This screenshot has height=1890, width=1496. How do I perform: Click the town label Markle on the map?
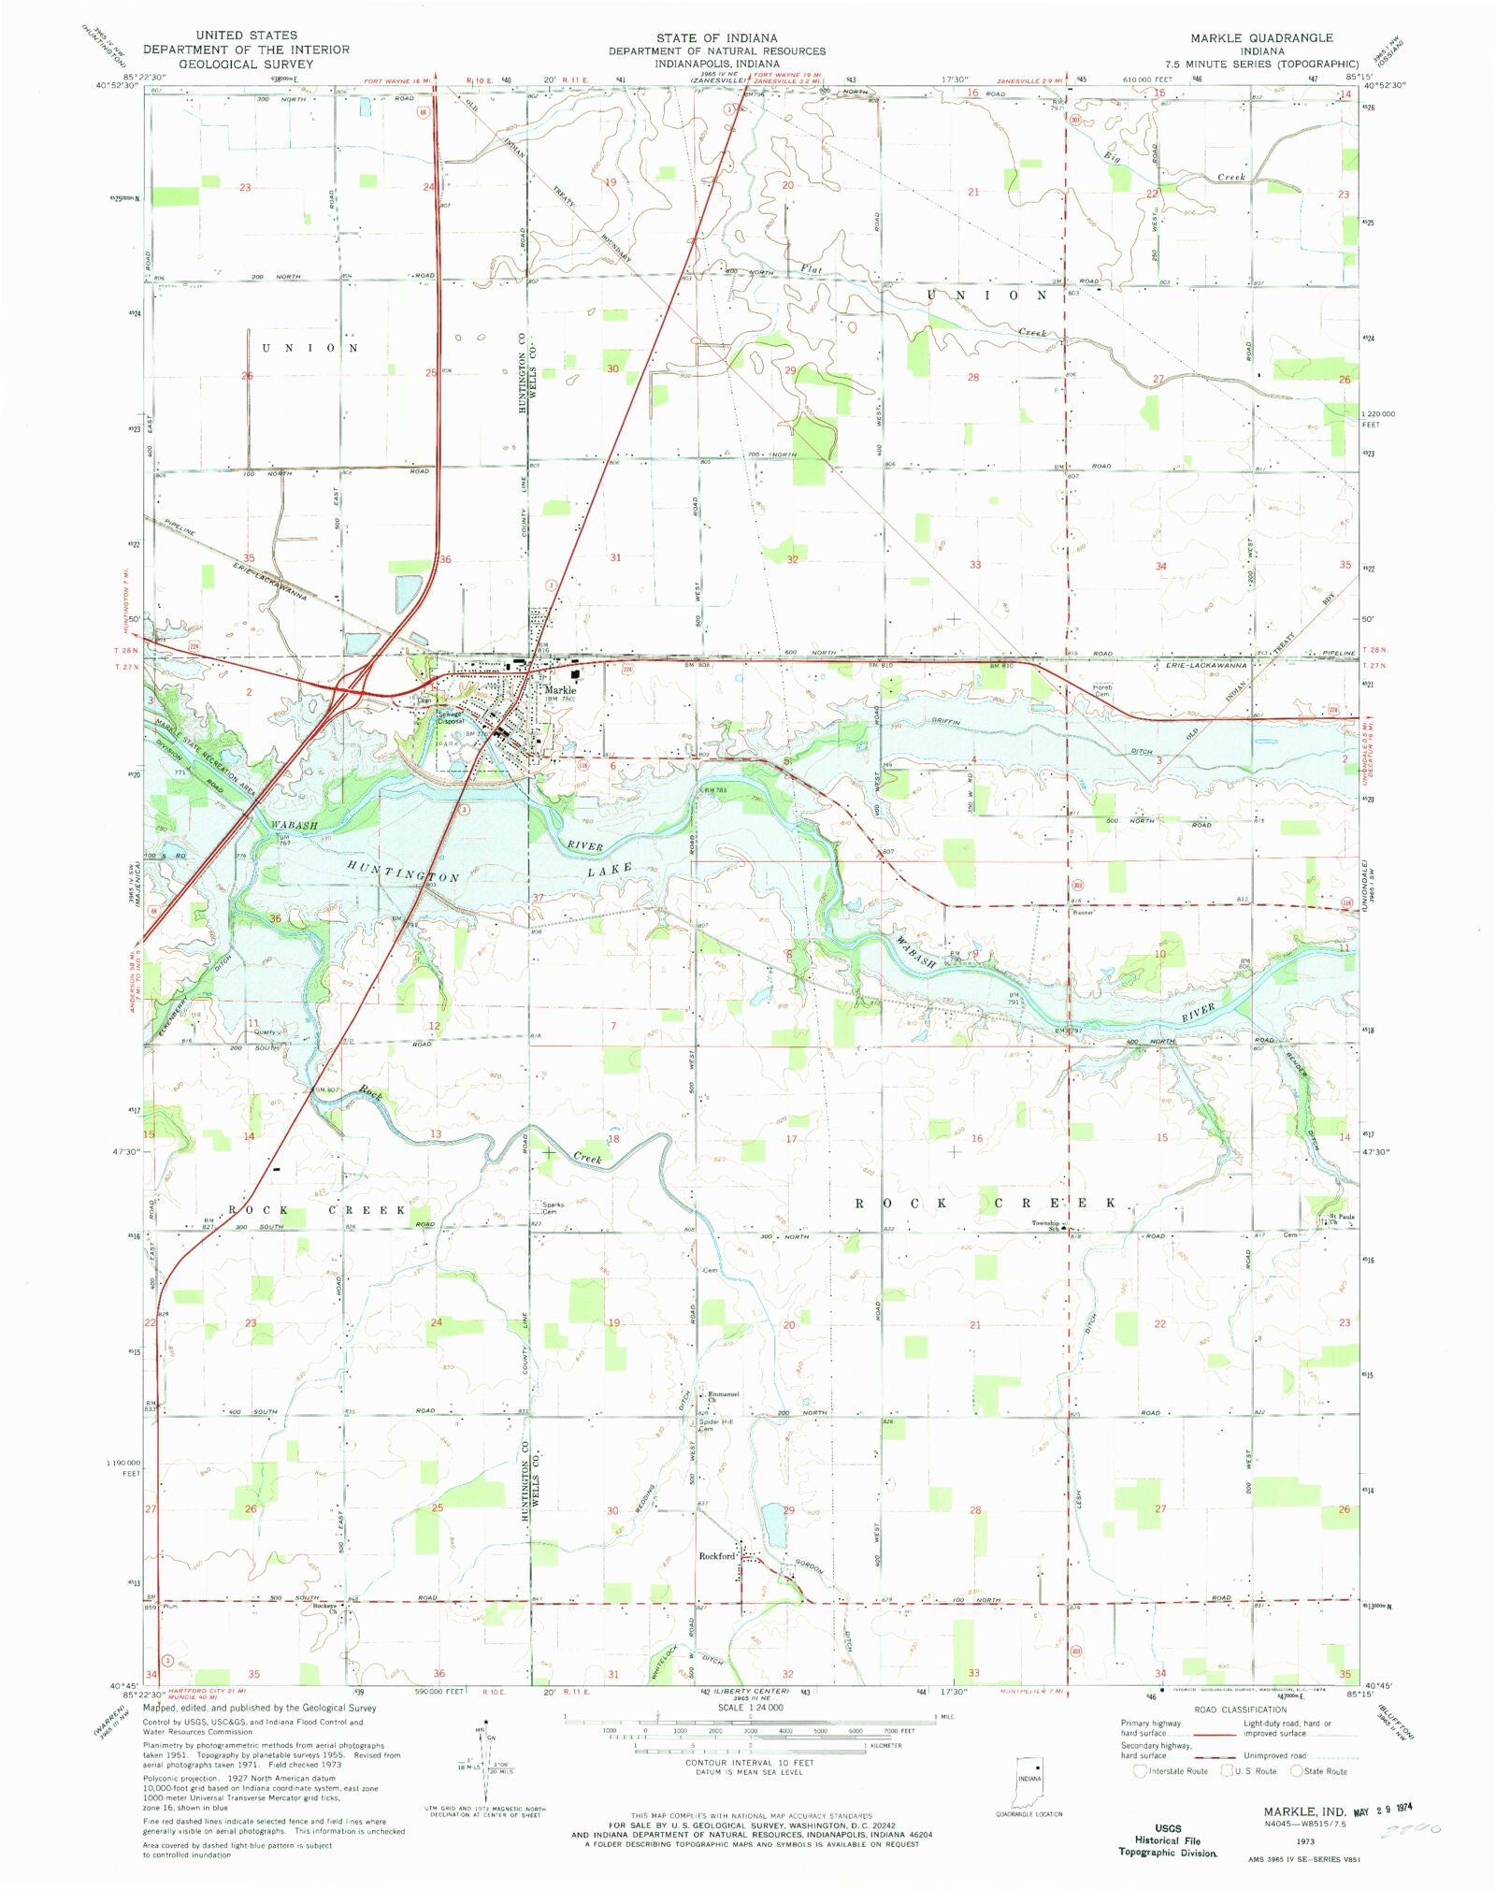coord(560,689)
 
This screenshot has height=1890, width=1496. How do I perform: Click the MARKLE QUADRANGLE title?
coord(1261,37)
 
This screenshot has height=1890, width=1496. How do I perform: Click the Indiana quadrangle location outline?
coord(1028,1781)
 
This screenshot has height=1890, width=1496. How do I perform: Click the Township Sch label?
coord(1045,1225)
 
